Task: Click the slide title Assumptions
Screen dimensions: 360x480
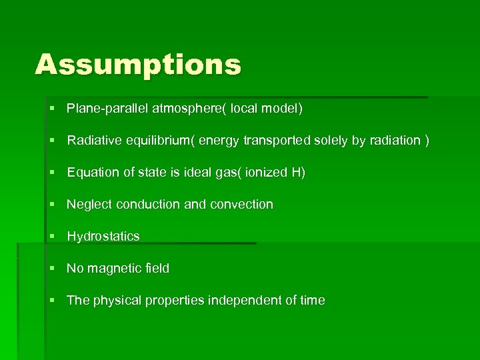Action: pos(138,65)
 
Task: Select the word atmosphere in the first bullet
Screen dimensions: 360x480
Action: pos(182,108)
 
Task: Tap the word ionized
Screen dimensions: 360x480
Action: pos(267,172)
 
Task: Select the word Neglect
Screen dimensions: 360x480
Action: pos(89,204)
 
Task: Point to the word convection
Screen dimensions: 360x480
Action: pos(241,204)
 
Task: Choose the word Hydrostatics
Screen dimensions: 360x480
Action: pos(103,236)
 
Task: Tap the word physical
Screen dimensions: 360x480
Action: pos(115,300)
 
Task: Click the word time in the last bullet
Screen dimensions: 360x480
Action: pos(313,300)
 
